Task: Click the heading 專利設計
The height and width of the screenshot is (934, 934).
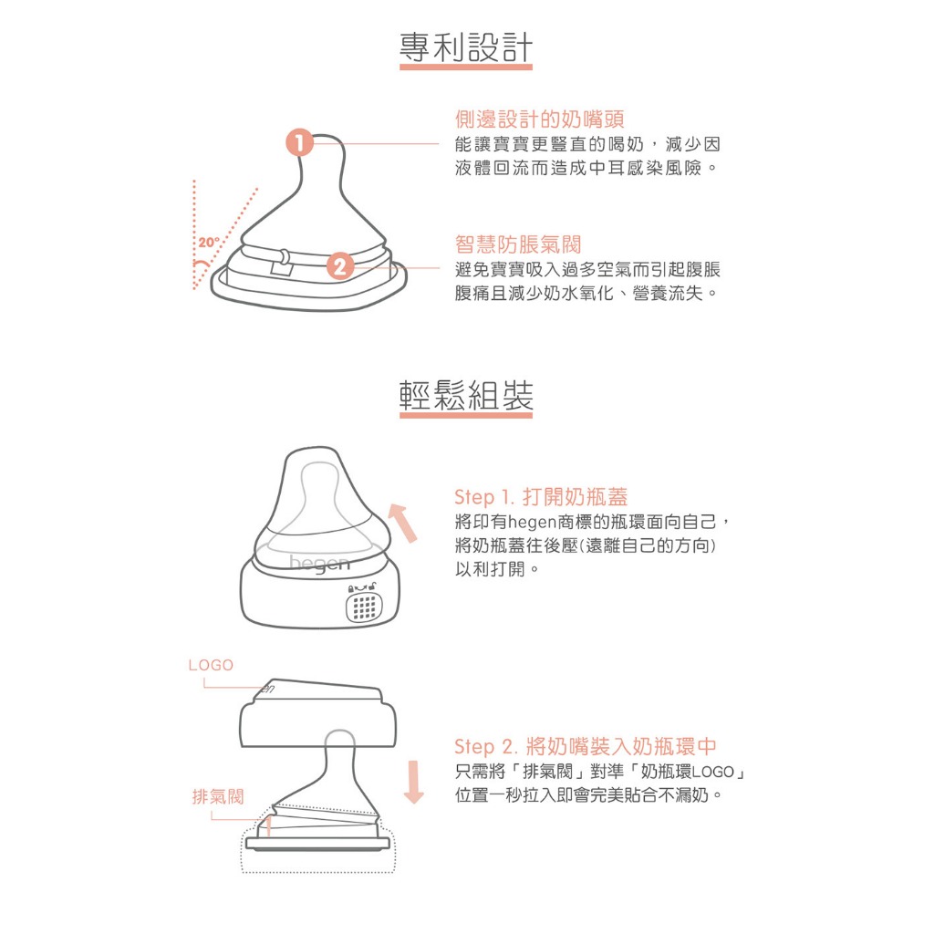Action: pyautogui.click(x=466, y=47)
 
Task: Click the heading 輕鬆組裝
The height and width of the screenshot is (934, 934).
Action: pyautogui.click(x=466, y=395)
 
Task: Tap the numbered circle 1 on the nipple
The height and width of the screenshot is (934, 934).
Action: pyautogui.click(x=299, y=143)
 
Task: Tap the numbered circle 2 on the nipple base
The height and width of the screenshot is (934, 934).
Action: pyautogui.click(x=340, y=265)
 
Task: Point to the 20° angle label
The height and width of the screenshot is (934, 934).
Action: pyautogui.click(x=209, y=243)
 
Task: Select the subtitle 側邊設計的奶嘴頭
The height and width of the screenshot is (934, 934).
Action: pyautogui.click(x=540, y=119)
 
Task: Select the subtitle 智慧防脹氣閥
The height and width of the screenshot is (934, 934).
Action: pyautogui.click(x=518, y=244)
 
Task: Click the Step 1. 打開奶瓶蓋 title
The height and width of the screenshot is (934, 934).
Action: pyautogui.click(x=541, y=497)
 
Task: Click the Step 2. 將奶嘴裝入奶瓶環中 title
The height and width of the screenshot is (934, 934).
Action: pyautogui.click(x=585, y=746)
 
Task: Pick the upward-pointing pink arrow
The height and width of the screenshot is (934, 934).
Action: pyautogui.click(x=403, y=523)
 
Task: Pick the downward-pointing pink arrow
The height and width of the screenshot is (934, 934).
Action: pyautogui.click(x=413, y=782)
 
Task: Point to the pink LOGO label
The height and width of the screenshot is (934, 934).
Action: pyautogui.click(x=211, y=665)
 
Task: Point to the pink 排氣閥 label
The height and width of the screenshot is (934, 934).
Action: pyautogui.click(x=218, y=795)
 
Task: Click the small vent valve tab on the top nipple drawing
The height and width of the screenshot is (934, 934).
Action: pyautogui.click(x=281, y=262)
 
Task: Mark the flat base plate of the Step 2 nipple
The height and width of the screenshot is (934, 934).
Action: pyautogui.click(x=317, y=843)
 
